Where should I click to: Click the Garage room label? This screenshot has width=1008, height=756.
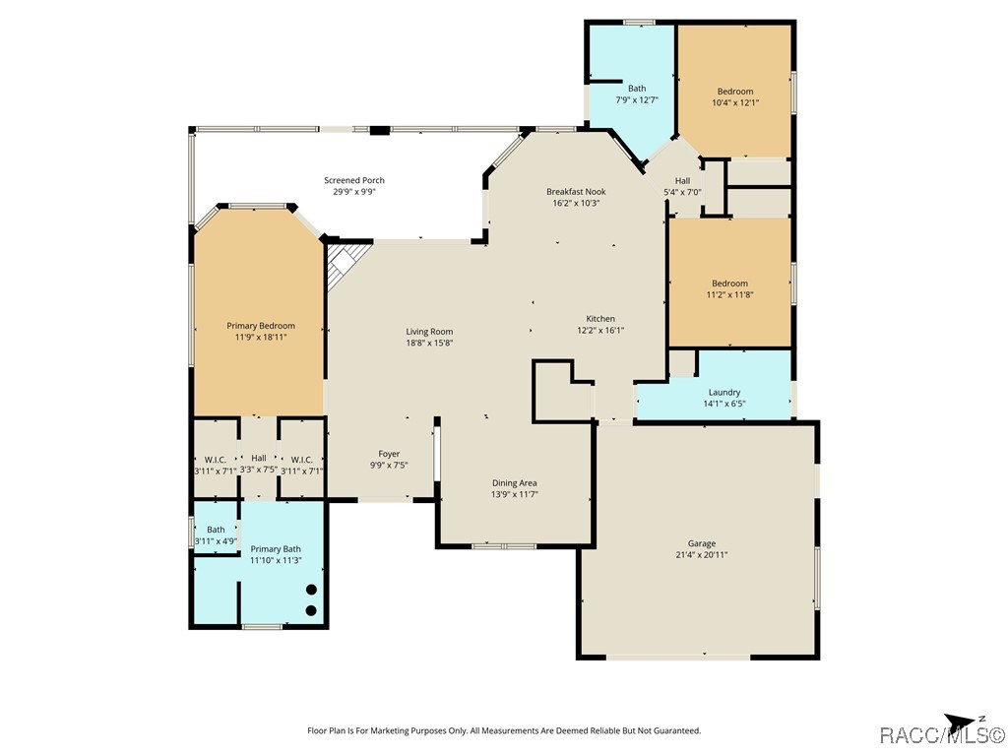pyautogui.click(x=701, y=543)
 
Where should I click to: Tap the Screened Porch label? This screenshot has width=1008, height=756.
pyautogui.click(x=354, y=181)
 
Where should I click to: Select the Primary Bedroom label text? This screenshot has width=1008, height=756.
pyautogui.click(x=260, y=326)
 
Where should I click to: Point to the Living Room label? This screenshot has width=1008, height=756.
pyautogui.click(x=429, y=332)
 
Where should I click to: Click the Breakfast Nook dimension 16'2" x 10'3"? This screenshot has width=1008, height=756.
pyautogui.click(x=576, y=203)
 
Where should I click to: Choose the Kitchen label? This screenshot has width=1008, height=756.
pyautogui.click(x=600, y=319)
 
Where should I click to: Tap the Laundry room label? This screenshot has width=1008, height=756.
pyautogui.click(x=724, y=392)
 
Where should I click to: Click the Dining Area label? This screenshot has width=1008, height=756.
pyautogui.click(x=514, y=482)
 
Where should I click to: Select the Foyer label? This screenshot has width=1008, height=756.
pyautogui.click(x=389, y=454)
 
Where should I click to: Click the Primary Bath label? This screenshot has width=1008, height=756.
pyautogui.click(x=276, y=549)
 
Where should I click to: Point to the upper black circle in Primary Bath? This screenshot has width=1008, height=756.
pyautogui.click(x=311, y=589)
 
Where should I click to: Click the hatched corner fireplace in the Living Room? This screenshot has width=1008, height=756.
pyautogui.click(x=346, y=264)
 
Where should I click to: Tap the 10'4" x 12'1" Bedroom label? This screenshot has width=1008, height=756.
pyautogui.click(x=735, y=97)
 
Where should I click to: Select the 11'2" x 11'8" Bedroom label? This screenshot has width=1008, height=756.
pyautogui.click(x=729, y=289)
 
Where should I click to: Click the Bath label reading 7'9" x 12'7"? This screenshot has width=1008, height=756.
pyautogui.click(x=637, y=94)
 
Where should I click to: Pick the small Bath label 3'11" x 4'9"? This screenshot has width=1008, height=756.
pyautogui.click(x=216, y=535)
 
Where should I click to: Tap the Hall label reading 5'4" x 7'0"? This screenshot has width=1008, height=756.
pyautogui.click(x=683, y=186)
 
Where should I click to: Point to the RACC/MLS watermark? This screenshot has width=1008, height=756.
pyautogui.click(x=942, y=735)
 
